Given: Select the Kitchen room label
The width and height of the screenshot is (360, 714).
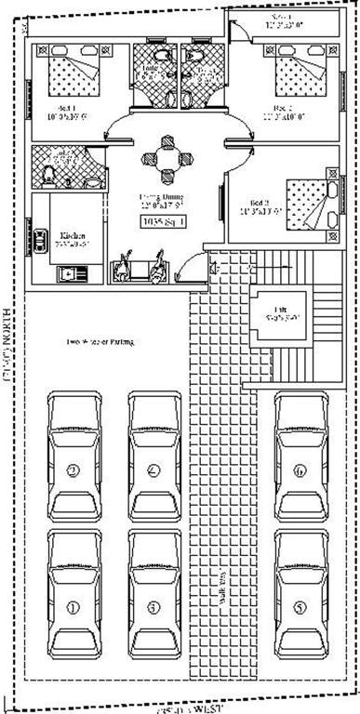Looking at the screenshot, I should (x=73, y=235).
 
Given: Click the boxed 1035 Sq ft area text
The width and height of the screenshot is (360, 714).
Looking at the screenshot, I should (x=163, y=221).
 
